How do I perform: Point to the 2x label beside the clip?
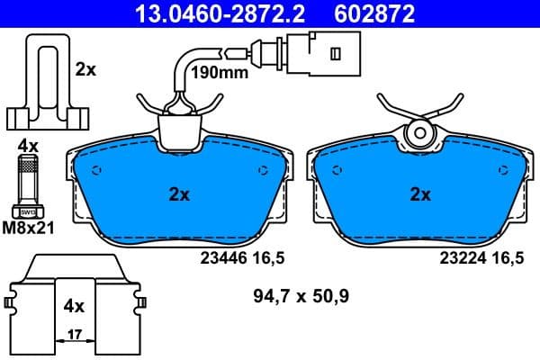[x=85, y=68]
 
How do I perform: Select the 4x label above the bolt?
[x=28, y=144]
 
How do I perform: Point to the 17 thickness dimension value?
[x=76, y=334]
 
